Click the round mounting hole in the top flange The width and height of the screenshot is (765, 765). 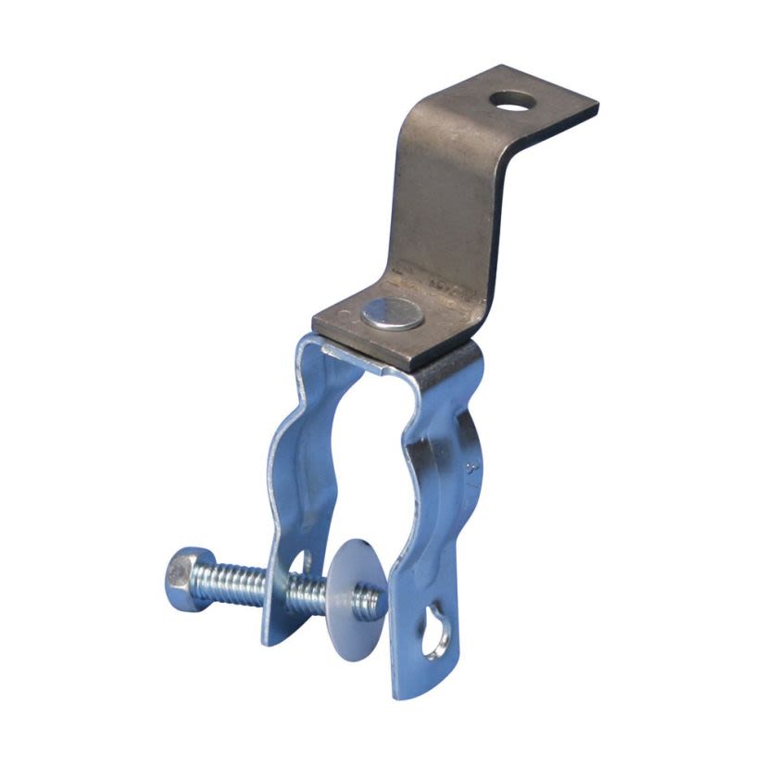click(x=507, y=98)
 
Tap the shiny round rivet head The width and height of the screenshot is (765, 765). click(x=392, y=316)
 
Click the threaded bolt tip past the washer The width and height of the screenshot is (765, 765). click(x=371, y=602)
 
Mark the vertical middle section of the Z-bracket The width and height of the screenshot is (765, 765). click(x=445, y=204)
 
